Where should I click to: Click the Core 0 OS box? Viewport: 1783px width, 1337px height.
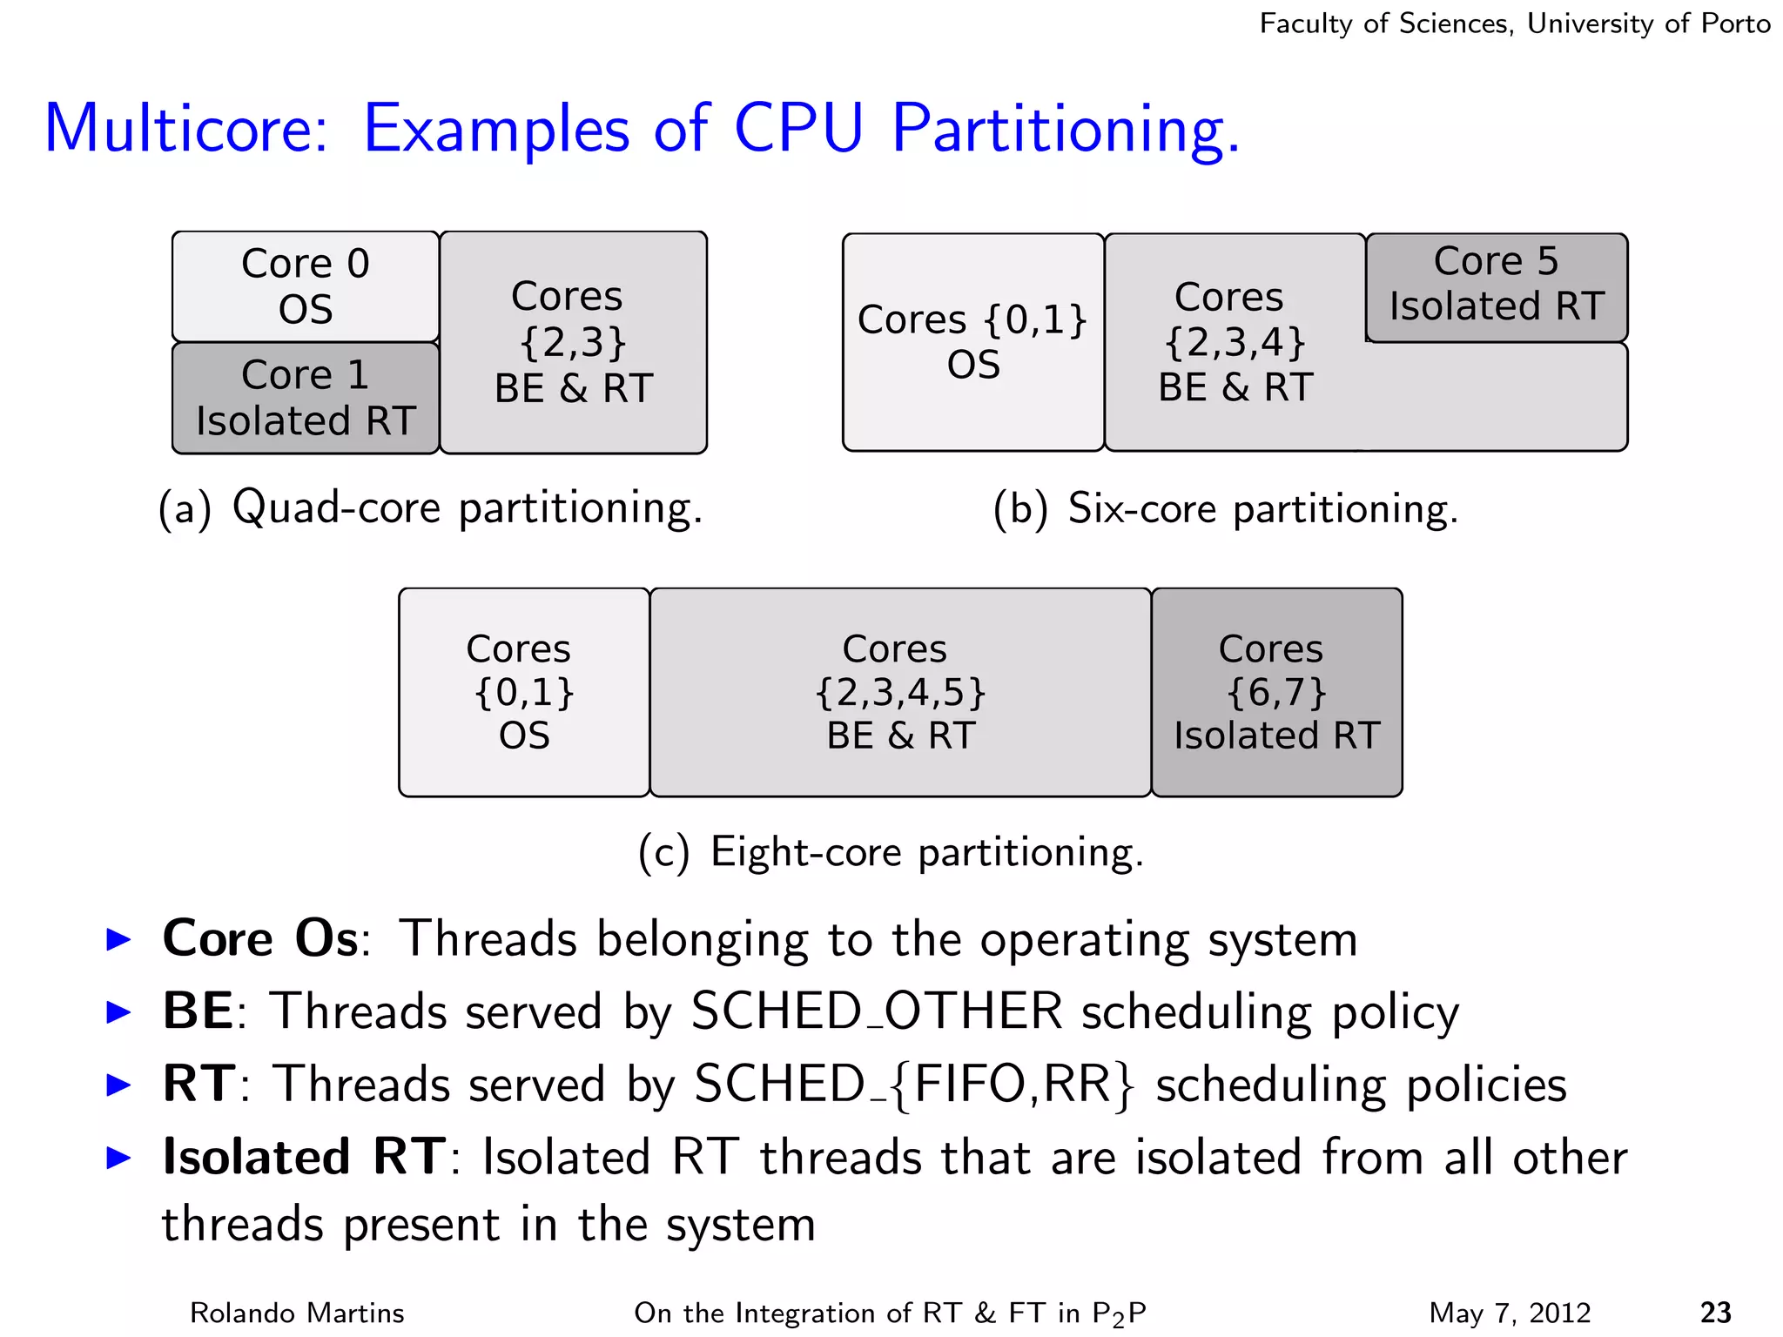click(x=305, y=286)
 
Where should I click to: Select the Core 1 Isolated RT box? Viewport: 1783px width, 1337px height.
click(x=305, y=398)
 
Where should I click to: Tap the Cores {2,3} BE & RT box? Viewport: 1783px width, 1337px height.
click(x=573, y=342)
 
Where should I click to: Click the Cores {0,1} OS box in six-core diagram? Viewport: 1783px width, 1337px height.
click(x=972, y=342)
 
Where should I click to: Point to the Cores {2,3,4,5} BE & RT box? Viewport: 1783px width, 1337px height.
click(x=900, y=692)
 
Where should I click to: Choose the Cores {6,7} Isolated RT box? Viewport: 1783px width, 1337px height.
click(x=1276, y=692)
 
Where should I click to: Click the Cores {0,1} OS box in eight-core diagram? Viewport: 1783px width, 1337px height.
click(x=523, y=692)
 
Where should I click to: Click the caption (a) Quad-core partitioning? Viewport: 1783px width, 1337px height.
click(x=430, y=508)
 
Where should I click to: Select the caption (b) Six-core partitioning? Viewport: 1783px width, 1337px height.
click(x=1225, y=508)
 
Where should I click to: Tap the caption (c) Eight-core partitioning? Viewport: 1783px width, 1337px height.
click(x=891, y=851)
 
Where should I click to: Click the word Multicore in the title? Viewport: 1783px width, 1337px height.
click(x=186, y=129)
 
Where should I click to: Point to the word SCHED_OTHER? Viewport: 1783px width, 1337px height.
click(x=877, y=1012)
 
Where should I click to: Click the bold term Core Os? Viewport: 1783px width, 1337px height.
click(x=260, y=939)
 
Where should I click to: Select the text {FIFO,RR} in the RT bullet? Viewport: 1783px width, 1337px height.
click(x=1013, y=1085)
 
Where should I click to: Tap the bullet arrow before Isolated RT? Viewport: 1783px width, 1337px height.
click(x=118, y=1158)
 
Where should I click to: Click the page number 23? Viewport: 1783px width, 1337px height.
click(x=1715, y=1312)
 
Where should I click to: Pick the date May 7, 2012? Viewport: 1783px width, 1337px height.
click(x=1510, y=1313)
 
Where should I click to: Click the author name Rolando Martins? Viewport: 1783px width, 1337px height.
click(x=297, y=1313)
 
